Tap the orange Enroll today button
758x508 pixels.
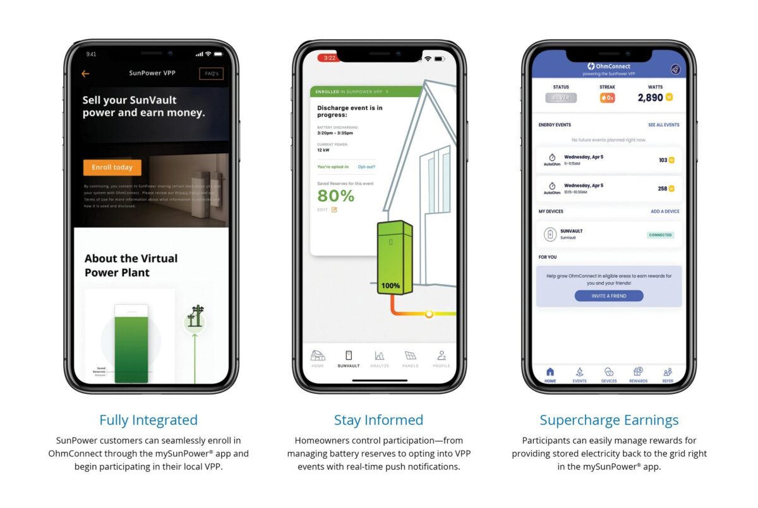coord(112,167)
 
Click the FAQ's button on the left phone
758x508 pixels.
coord(211,74)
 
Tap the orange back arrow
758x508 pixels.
coord(85,74)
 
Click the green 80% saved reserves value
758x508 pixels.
coord(335,196)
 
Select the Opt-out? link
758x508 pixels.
coord(366,167)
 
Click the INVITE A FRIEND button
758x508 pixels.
coord(609,296)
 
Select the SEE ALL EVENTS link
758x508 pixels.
coord(663,125)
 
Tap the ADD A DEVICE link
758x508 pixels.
coord(665,211)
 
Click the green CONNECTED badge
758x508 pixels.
coord(660,235)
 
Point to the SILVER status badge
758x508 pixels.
coord(561,98)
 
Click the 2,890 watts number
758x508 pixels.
coord(650,98)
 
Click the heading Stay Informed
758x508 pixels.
coord(378,420)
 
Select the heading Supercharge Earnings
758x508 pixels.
coord(609,420)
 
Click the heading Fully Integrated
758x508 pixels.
coord(148,420)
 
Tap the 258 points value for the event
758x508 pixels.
coord(663,188)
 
